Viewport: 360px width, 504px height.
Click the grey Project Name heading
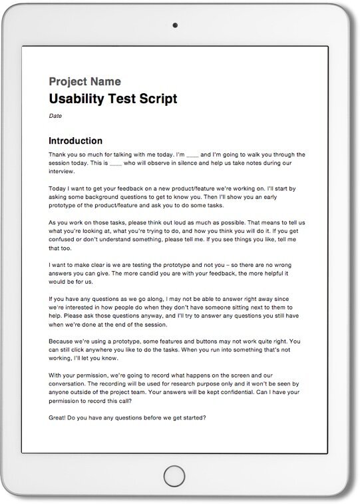[x=85, y=82]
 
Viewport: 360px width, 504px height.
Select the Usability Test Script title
[x=113, y=99]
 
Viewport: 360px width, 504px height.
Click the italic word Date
[x=55, y=116]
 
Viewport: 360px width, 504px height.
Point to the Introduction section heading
[x=76, y=141]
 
